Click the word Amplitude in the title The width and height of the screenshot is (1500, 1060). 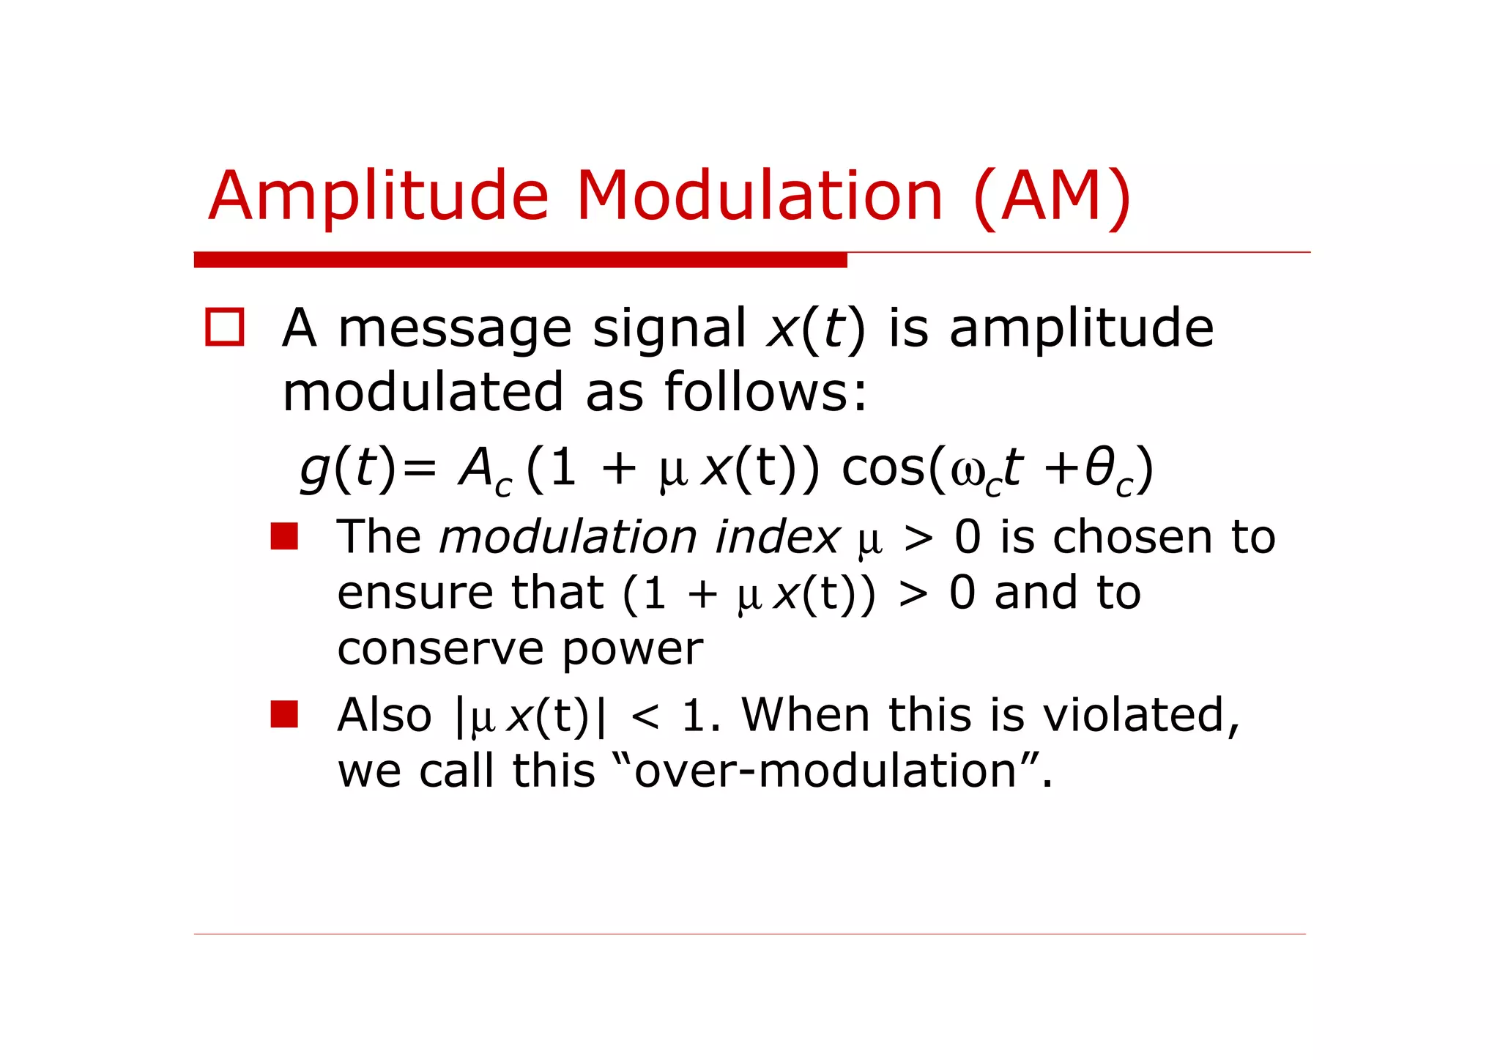click(x=378, y=196)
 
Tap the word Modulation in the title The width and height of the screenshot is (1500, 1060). click(x=760, y=196)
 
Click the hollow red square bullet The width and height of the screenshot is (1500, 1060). click(x=224, y=327)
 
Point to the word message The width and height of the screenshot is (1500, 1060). click(x=454, y=329)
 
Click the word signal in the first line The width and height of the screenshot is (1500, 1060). click(x=669, y=329)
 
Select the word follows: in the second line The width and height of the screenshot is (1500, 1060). click(x=765, y=392)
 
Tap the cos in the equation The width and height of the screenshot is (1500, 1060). click(x=883, y=469)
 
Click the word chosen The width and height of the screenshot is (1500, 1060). click(x=1134, y=537)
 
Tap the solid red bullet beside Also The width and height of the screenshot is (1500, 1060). click(x=284, y=714)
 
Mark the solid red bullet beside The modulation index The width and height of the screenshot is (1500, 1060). click(x=284, y=536)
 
